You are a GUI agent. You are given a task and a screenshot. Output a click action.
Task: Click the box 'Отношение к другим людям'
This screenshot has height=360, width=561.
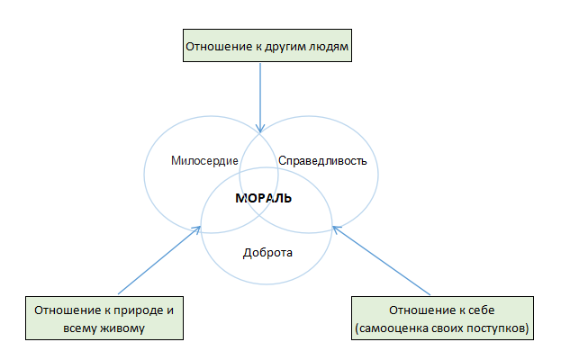point(267,45)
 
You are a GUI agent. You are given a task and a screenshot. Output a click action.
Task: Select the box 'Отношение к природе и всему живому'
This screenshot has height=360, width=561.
point(104,318)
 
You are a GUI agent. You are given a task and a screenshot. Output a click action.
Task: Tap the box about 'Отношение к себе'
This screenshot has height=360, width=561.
point(442,318)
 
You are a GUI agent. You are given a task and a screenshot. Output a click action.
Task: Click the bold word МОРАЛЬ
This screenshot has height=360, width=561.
point(263,198)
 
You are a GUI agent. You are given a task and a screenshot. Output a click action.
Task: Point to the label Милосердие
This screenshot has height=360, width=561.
point(204,161)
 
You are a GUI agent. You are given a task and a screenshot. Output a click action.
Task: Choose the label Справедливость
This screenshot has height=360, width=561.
point(322,161)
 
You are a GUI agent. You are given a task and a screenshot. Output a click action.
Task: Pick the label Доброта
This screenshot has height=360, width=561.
point(267,253)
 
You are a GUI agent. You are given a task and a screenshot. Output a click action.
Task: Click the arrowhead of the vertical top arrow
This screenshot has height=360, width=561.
point(260,129)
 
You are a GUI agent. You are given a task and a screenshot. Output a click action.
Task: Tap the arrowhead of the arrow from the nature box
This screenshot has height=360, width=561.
point(197,229)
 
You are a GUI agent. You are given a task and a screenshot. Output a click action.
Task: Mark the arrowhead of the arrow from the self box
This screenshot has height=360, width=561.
point(336,229)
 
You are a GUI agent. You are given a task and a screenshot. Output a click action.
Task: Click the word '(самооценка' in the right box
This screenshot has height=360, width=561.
point(392,328)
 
